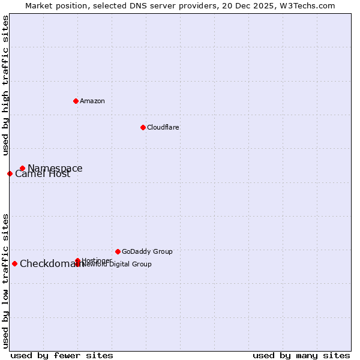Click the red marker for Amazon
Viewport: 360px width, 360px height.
click(76, 101)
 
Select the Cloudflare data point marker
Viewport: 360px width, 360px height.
click(143, 127)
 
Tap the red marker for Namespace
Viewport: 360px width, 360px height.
click(22, 169)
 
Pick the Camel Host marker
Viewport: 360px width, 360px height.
click(10, 174)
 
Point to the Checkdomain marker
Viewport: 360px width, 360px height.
click(14, 263)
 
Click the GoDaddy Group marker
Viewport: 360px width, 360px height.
click(118, 251)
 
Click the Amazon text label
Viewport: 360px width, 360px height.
click(92, 101)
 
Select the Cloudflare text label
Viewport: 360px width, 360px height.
click(163, 127)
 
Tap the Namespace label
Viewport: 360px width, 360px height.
click(55, 169)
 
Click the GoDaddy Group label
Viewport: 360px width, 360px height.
click(147, 251)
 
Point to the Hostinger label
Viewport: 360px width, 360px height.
click(97, 260)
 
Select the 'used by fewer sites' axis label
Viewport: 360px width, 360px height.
click(62, 356)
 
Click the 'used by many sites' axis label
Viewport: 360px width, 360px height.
click(301, 356)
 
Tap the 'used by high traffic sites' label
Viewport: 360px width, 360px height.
click(5, 85)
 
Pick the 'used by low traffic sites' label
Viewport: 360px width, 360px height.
click(5, 280)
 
